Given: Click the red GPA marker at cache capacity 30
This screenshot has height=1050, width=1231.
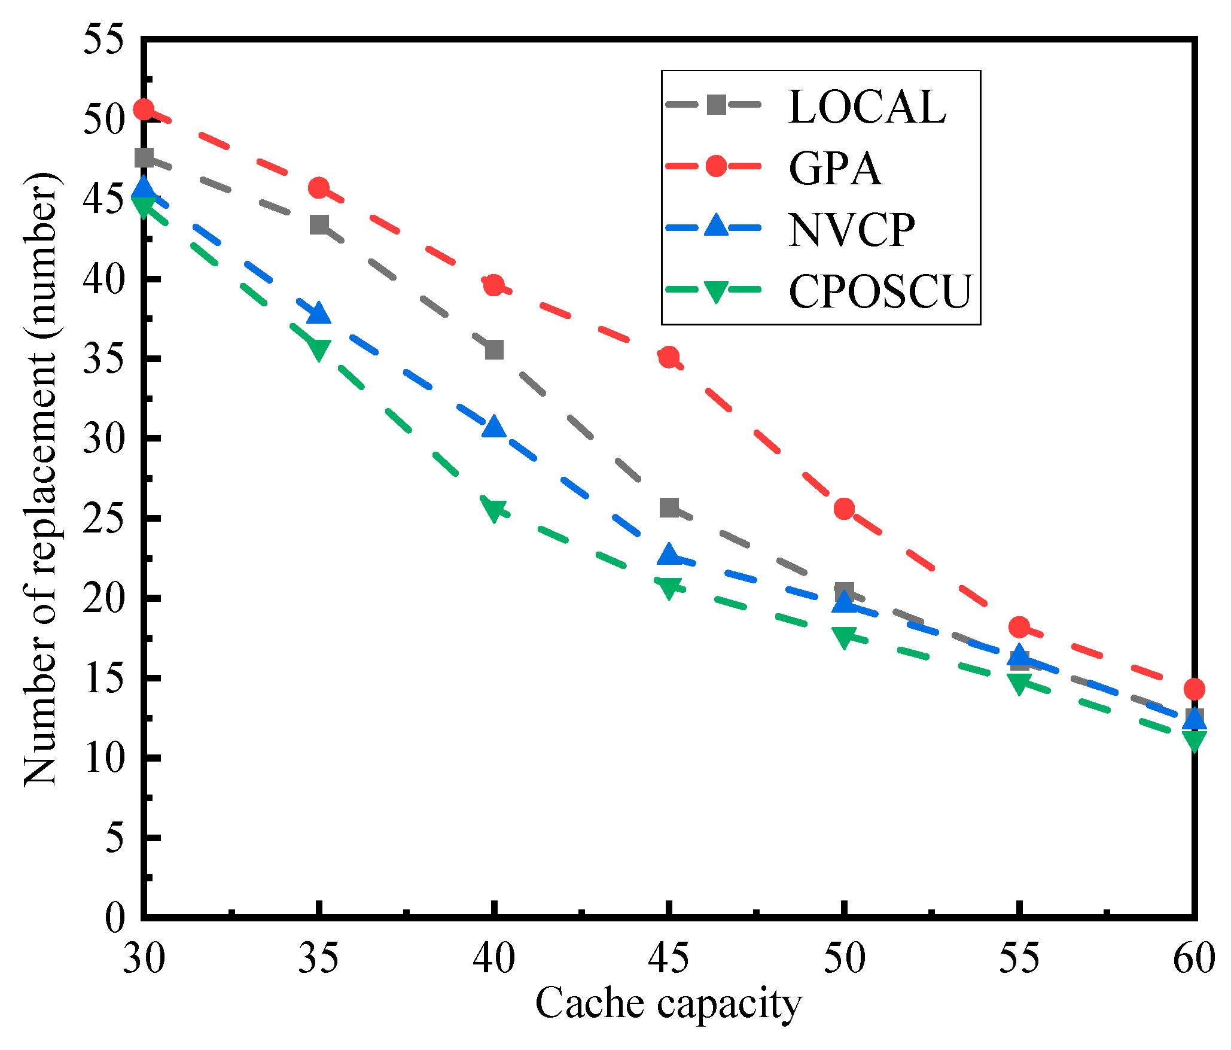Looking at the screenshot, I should [144, 109].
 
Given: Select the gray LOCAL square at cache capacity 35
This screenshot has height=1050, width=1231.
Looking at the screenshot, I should [319, 225].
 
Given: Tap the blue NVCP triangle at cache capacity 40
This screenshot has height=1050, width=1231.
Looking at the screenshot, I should [494, 427].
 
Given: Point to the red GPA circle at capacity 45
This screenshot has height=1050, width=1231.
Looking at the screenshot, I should [669, 357].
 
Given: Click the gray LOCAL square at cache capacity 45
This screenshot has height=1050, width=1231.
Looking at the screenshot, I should [669, 507].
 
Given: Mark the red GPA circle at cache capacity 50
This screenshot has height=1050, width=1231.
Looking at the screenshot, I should [844, 509].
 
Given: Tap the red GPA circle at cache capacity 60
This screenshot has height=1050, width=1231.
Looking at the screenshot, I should [1194, 689].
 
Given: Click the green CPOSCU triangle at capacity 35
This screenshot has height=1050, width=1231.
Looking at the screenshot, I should [319, 349].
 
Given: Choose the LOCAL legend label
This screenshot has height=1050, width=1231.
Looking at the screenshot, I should [867, 107].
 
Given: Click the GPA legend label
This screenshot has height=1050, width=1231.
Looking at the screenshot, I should [835, 169].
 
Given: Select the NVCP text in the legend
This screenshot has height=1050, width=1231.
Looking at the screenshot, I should [852, 230].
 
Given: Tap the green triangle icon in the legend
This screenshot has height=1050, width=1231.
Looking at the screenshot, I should [715, 291].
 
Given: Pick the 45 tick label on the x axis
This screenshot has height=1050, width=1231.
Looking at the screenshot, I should [669, 958].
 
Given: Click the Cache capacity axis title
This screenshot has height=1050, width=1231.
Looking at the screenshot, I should [668, 1003].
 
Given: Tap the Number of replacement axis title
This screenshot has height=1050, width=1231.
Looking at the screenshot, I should [41, 479].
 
